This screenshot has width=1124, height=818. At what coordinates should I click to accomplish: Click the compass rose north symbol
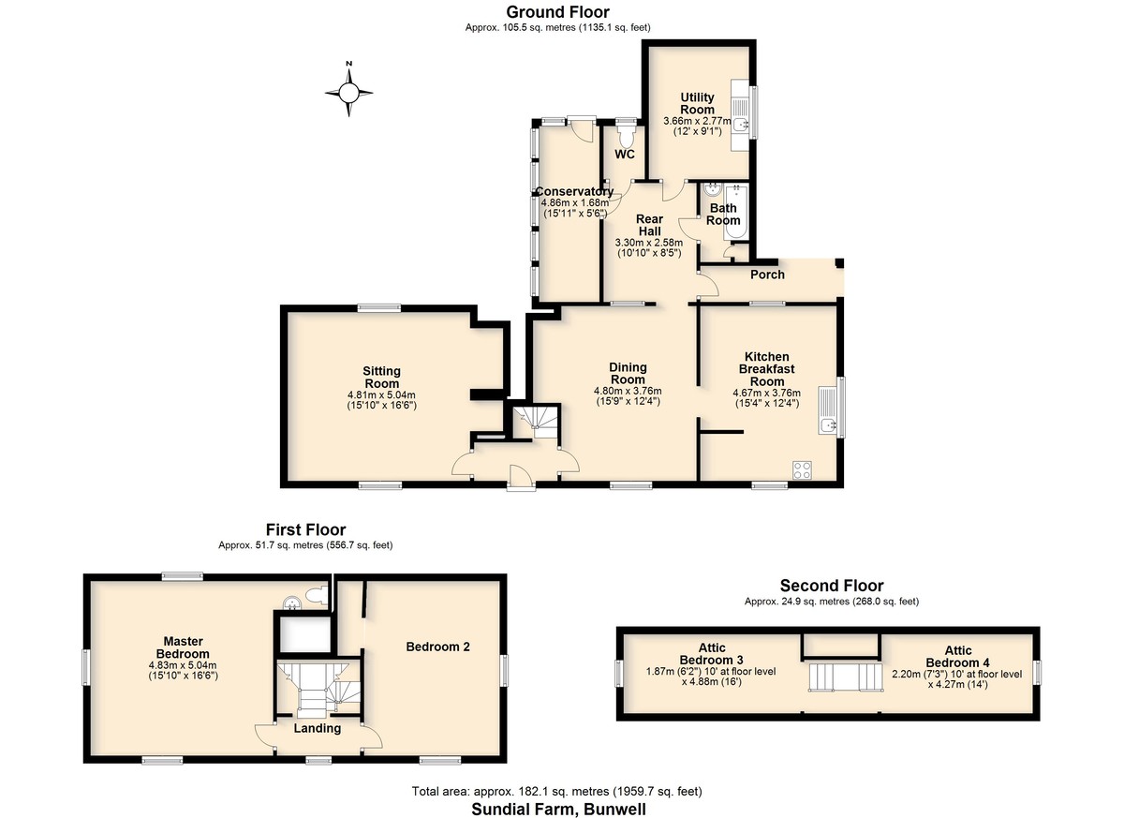(348, 90)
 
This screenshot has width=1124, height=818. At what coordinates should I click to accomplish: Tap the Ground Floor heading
(557, 12)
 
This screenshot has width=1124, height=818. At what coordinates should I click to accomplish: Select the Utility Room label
(697, 103)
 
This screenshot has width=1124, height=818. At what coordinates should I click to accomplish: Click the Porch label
(767, 275)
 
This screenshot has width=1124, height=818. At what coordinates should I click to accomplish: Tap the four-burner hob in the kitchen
(802, 470)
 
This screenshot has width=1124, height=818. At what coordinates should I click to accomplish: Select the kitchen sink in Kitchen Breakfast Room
(827, 410)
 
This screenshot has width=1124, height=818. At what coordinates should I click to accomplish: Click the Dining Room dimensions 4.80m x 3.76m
(628, 391)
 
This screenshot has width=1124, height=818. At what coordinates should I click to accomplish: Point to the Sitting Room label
(381, 378)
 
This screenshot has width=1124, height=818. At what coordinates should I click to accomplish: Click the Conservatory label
(574, 192)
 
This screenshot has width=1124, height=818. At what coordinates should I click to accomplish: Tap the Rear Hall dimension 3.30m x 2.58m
(649, 243)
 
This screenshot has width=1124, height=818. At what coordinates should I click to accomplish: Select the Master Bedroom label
(183, 647)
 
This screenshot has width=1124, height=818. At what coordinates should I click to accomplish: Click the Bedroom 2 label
(437, 647)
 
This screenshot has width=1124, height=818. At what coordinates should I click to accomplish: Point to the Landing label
(318, 728)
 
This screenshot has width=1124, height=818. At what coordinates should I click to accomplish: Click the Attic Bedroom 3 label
(712, 653)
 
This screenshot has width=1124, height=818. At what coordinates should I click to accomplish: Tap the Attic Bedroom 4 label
(957, 657)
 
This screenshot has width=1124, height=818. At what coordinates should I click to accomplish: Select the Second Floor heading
(832, 586)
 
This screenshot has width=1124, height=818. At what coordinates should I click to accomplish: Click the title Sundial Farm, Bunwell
(558, 809)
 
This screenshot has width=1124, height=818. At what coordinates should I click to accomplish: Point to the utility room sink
(740, 124)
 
